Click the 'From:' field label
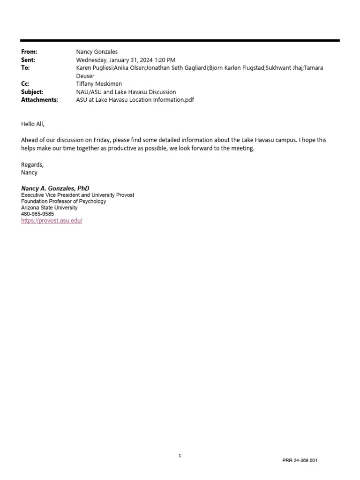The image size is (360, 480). click(x=29, y=52)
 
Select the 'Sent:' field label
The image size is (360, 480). click(x=28, y=60)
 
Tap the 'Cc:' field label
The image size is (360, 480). click(x=25, y=84)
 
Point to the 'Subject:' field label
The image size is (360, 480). click(x=32, y=92)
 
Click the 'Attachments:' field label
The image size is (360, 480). click(x=39, y=100)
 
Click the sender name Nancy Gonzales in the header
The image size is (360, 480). click(x=97, y=52)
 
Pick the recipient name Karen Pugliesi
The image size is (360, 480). click(x=95, y=68)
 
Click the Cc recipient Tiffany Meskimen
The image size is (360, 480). click(x=99, y=84)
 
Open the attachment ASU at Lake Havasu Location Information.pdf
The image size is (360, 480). click(x=135, y=100)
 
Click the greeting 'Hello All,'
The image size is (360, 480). click(x=33, y=124)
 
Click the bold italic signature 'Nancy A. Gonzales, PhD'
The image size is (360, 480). click(x=55, y=188)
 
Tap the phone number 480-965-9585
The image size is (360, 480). click(x=37, y=214)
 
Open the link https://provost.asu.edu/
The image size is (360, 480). click(x=52, y=220)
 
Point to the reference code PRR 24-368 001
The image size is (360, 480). click(x=300, y=460)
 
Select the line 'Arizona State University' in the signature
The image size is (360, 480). click(x=49, y=208)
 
